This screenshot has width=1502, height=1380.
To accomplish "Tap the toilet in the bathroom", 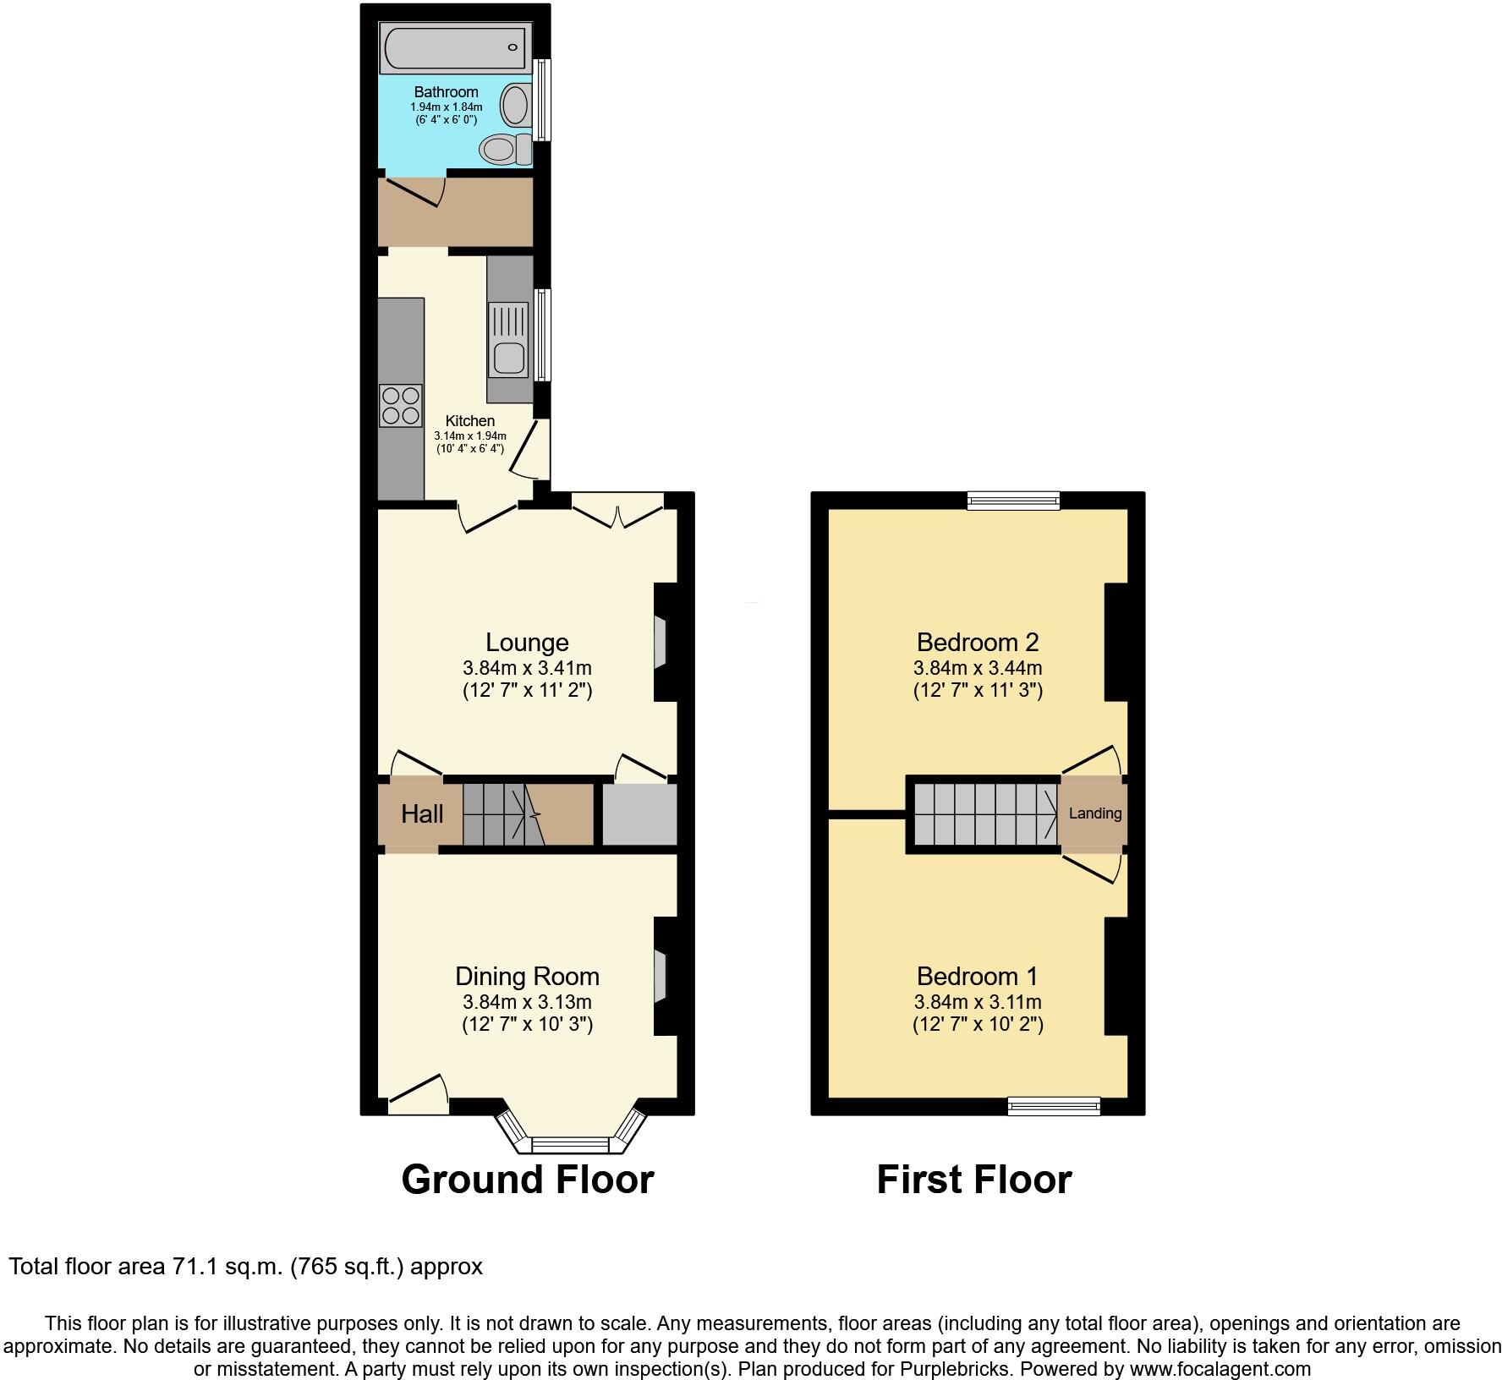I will pos(503,151).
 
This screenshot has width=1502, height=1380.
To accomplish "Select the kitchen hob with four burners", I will pos(401,405).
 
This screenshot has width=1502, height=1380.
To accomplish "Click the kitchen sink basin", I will pos(510,359).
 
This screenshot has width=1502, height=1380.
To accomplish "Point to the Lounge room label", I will pos(527,643).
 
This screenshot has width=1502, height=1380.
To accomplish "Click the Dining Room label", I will pos(527,977).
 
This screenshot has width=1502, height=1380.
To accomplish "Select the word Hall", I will pos(422,814).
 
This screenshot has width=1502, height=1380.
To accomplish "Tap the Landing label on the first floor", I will pos(1095,813).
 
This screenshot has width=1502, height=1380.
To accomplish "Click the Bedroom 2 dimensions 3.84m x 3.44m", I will pos(978,668).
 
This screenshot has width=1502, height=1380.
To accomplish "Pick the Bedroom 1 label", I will pos(978,977).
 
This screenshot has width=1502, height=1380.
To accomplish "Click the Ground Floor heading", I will pos(527,1179).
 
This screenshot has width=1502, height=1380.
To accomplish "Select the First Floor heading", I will pos(973,1179).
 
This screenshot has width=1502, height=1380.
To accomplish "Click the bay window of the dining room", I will pos(571,1145).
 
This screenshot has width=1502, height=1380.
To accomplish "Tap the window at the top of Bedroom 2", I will pos(1013,501).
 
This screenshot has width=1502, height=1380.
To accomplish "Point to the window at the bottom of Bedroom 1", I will pos(1054,1106).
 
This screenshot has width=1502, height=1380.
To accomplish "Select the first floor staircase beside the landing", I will pos(984,813).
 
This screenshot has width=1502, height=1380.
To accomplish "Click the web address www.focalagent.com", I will pos(1220,1368).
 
